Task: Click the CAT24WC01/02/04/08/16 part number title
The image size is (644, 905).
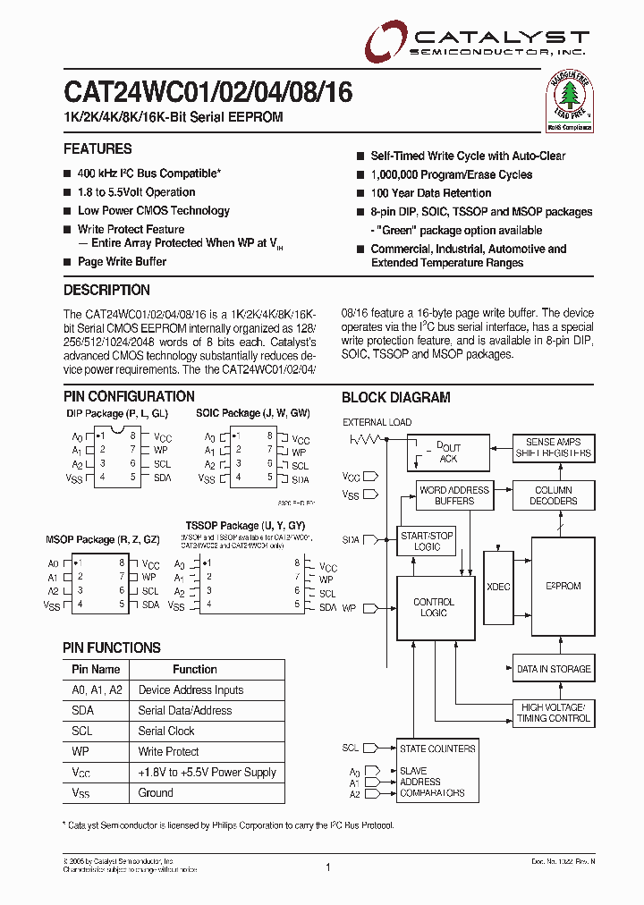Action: (x=208, y=93)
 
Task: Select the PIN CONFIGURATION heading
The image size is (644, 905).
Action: (x=129, y=396)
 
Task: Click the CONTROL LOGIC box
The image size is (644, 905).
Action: (x=434, y=608)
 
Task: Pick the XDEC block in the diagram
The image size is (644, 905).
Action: (x=497, y=587)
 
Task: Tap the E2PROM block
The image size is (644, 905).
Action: (x=563, y=587)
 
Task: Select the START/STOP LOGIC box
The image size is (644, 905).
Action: (x=428, y=541)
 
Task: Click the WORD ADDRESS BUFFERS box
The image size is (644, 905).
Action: (x=454, y=495)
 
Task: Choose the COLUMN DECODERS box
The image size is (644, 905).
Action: (x=554, y=495)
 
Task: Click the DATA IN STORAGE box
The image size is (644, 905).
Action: (x=554, y=669)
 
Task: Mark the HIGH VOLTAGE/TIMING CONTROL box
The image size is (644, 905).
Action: (x=554, y=713)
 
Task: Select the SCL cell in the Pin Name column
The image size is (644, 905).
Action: (x=83, y=732)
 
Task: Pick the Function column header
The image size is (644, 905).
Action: (x=195, y=669)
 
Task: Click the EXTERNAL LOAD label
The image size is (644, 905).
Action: (x=377, y=422)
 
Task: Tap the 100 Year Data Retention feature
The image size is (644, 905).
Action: (x=431, y=193)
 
